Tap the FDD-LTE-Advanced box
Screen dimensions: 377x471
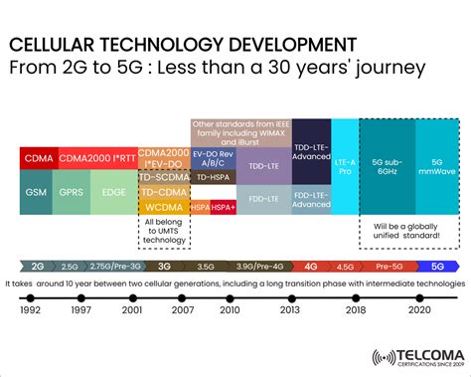pyautogui.click(x=311, y=198)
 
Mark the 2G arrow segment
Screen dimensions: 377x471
pyautogui.click(x=37, y=266)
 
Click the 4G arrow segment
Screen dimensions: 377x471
pyautogui.click(x=311, y=266)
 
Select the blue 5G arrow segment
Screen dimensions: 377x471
pyautogui.click(x=437, y=266)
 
